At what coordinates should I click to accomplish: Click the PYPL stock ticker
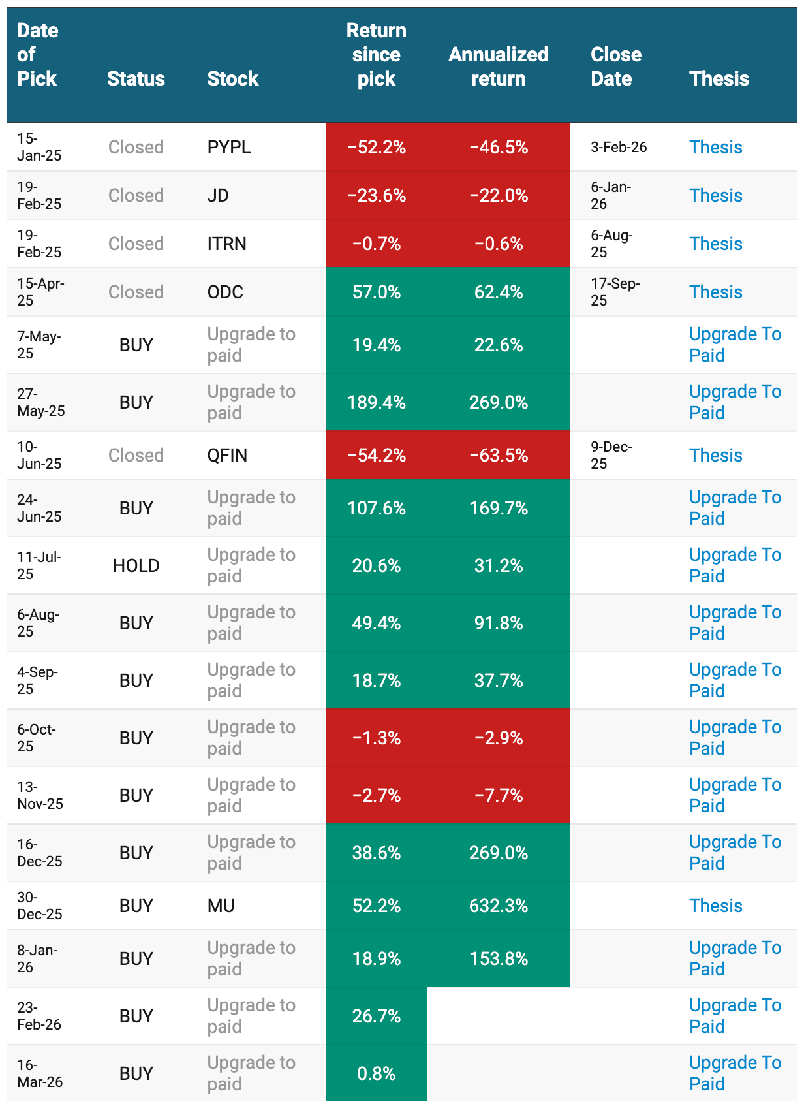coord(228,148)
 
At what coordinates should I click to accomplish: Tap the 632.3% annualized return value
coord(499,906)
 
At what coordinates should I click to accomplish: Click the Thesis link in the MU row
coord(716,906)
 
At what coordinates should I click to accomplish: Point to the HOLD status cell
coord(136,565)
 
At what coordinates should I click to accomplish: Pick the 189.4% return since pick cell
coord(377,402)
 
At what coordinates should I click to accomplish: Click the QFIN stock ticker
coord(227,455)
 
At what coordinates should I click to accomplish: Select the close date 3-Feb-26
coord(619,148)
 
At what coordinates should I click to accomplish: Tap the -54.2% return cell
coord(377,455)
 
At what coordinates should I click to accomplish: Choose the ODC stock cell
coord(225,292)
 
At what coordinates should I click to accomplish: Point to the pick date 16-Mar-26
coord(40,1073)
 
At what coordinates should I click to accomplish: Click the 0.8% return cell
coord(377,1073)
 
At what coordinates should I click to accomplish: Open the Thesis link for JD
coord(716,195)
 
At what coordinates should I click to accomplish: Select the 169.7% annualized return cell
coord(499,508)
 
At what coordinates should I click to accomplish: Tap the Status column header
coord(136,79)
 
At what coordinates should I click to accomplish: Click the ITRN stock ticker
coord(226,244)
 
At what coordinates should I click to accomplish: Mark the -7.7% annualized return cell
coord(499,795)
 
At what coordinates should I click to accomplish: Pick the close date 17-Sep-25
coord(615,292)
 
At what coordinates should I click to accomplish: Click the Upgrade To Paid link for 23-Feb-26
coord(735,1016)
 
